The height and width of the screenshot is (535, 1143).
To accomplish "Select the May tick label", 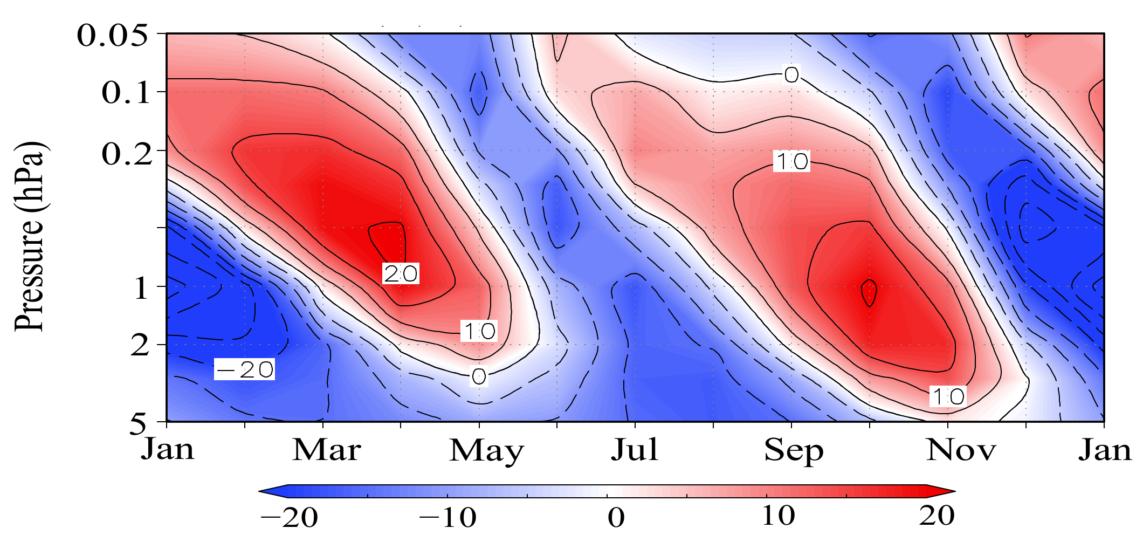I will tap(486, 451).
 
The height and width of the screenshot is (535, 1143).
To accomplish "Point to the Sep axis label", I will tap(794, 451).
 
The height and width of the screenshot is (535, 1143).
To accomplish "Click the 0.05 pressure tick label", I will tap(112, 36).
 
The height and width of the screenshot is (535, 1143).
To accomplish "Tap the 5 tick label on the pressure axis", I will tap(138, 424).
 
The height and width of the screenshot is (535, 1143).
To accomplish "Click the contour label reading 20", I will tap(400, 274).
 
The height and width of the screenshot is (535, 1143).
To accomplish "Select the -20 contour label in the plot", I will tap(244, 369).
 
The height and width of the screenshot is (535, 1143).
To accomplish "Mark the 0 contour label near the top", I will tap(791, 74).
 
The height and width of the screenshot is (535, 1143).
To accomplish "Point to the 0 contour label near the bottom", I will tap(479, 376).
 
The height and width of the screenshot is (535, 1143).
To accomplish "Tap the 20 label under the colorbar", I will tap(937, 516).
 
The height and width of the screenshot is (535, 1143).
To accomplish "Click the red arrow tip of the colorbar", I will tap(945, 491).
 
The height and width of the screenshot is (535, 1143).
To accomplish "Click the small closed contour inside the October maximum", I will tap(869, 292).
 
